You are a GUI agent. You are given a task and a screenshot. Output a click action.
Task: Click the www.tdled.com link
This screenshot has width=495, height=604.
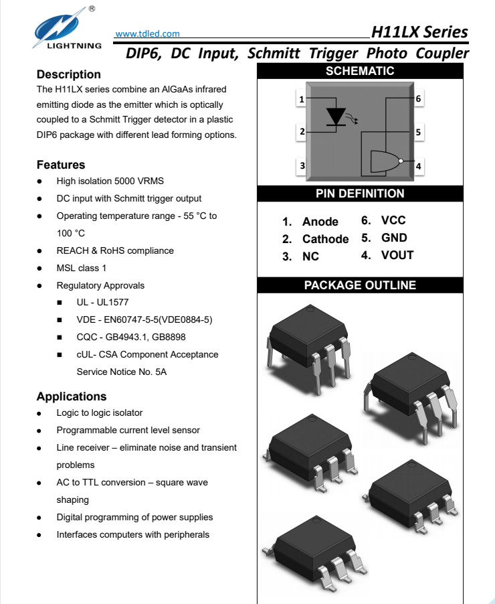click(x=147, y=33)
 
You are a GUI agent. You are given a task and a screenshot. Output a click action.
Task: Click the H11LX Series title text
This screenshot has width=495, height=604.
click(x=419, y=32)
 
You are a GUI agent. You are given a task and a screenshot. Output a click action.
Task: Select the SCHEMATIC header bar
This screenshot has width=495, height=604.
click(x=360, y=71)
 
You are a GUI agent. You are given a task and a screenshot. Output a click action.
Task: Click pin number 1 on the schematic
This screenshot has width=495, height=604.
click(x=302, y=100)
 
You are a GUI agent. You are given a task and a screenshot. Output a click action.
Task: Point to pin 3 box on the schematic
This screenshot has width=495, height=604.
click(x=302, y=165)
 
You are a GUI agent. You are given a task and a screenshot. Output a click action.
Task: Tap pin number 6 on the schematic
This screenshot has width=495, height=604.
click(x=418, y=99)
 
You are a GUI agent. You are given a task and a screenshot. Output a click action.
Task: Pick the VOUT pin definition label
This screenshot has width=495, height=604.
click(x=397, y=255)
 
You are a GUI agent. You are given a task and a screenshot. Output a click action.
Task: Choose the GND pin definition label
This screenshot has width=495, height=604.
click(x=394, y=238)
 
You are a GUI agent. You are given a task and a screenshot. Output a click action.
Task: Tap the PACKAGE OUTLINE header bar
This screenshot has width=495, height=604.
click(x=360, y=285)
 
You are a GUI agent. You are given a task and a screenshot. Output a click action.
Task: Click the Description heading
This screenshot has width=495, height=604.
click(x=69, y=74)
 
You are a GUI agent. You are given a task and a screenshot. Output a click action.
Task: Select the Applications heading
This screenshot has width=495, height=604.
click(x=72, y=396)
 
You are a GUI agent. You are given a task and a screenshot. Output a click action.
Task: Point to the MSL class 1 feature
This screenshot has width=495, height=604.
click(x=82, y=268)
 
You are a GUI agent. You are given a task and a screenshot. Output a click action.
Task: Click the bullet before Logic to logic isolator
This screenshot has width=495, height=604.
click(x=41, y=413)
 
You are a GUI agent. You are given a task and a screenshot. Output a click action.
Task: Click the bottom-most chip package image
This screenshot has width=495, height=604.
click(x=314, y=546)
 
